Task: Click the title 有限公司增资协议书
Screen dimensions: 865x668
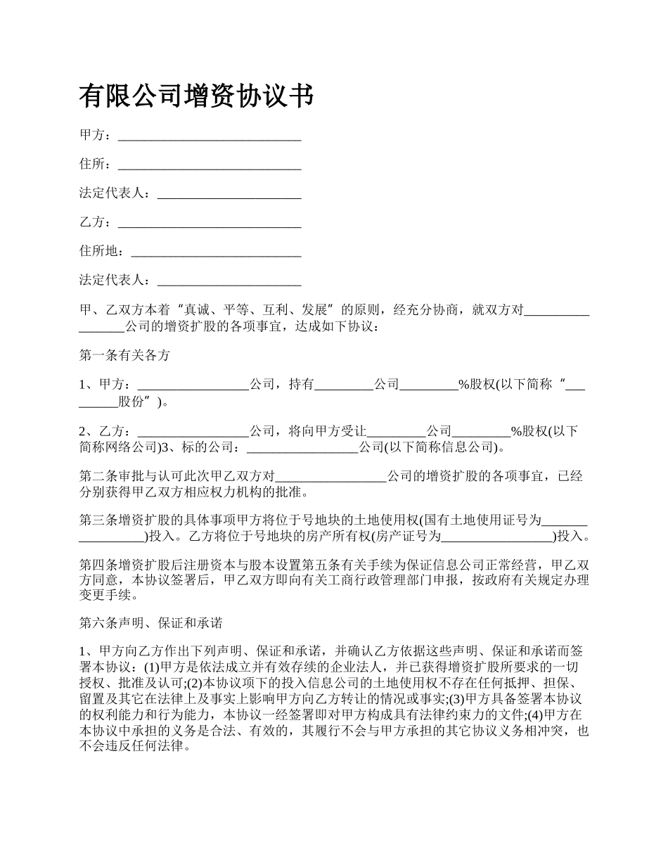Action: click(196, 96)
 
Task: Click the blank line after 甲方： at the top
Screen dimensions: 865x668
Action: click(210, 136)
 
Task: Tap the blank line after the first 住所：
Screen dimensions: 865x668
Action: click(210, 165)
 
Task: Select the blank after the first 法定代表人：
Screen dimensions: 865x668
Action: click(229, 194)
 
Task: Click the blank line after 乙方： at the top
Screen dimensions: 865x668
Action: click(210, 223)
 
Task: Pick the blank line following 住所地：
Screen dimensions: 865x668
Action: click(217, 252)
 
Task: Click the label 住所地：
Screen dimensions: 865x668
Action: click(105, 252)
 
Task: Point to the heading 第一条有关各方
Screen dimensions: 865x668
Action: click(124, 356)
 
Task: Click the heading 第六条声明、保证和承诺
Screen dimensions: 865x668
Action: click(150, 623)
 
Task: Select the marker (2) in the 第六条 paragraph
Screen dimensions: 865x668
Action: click(193, 683)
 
